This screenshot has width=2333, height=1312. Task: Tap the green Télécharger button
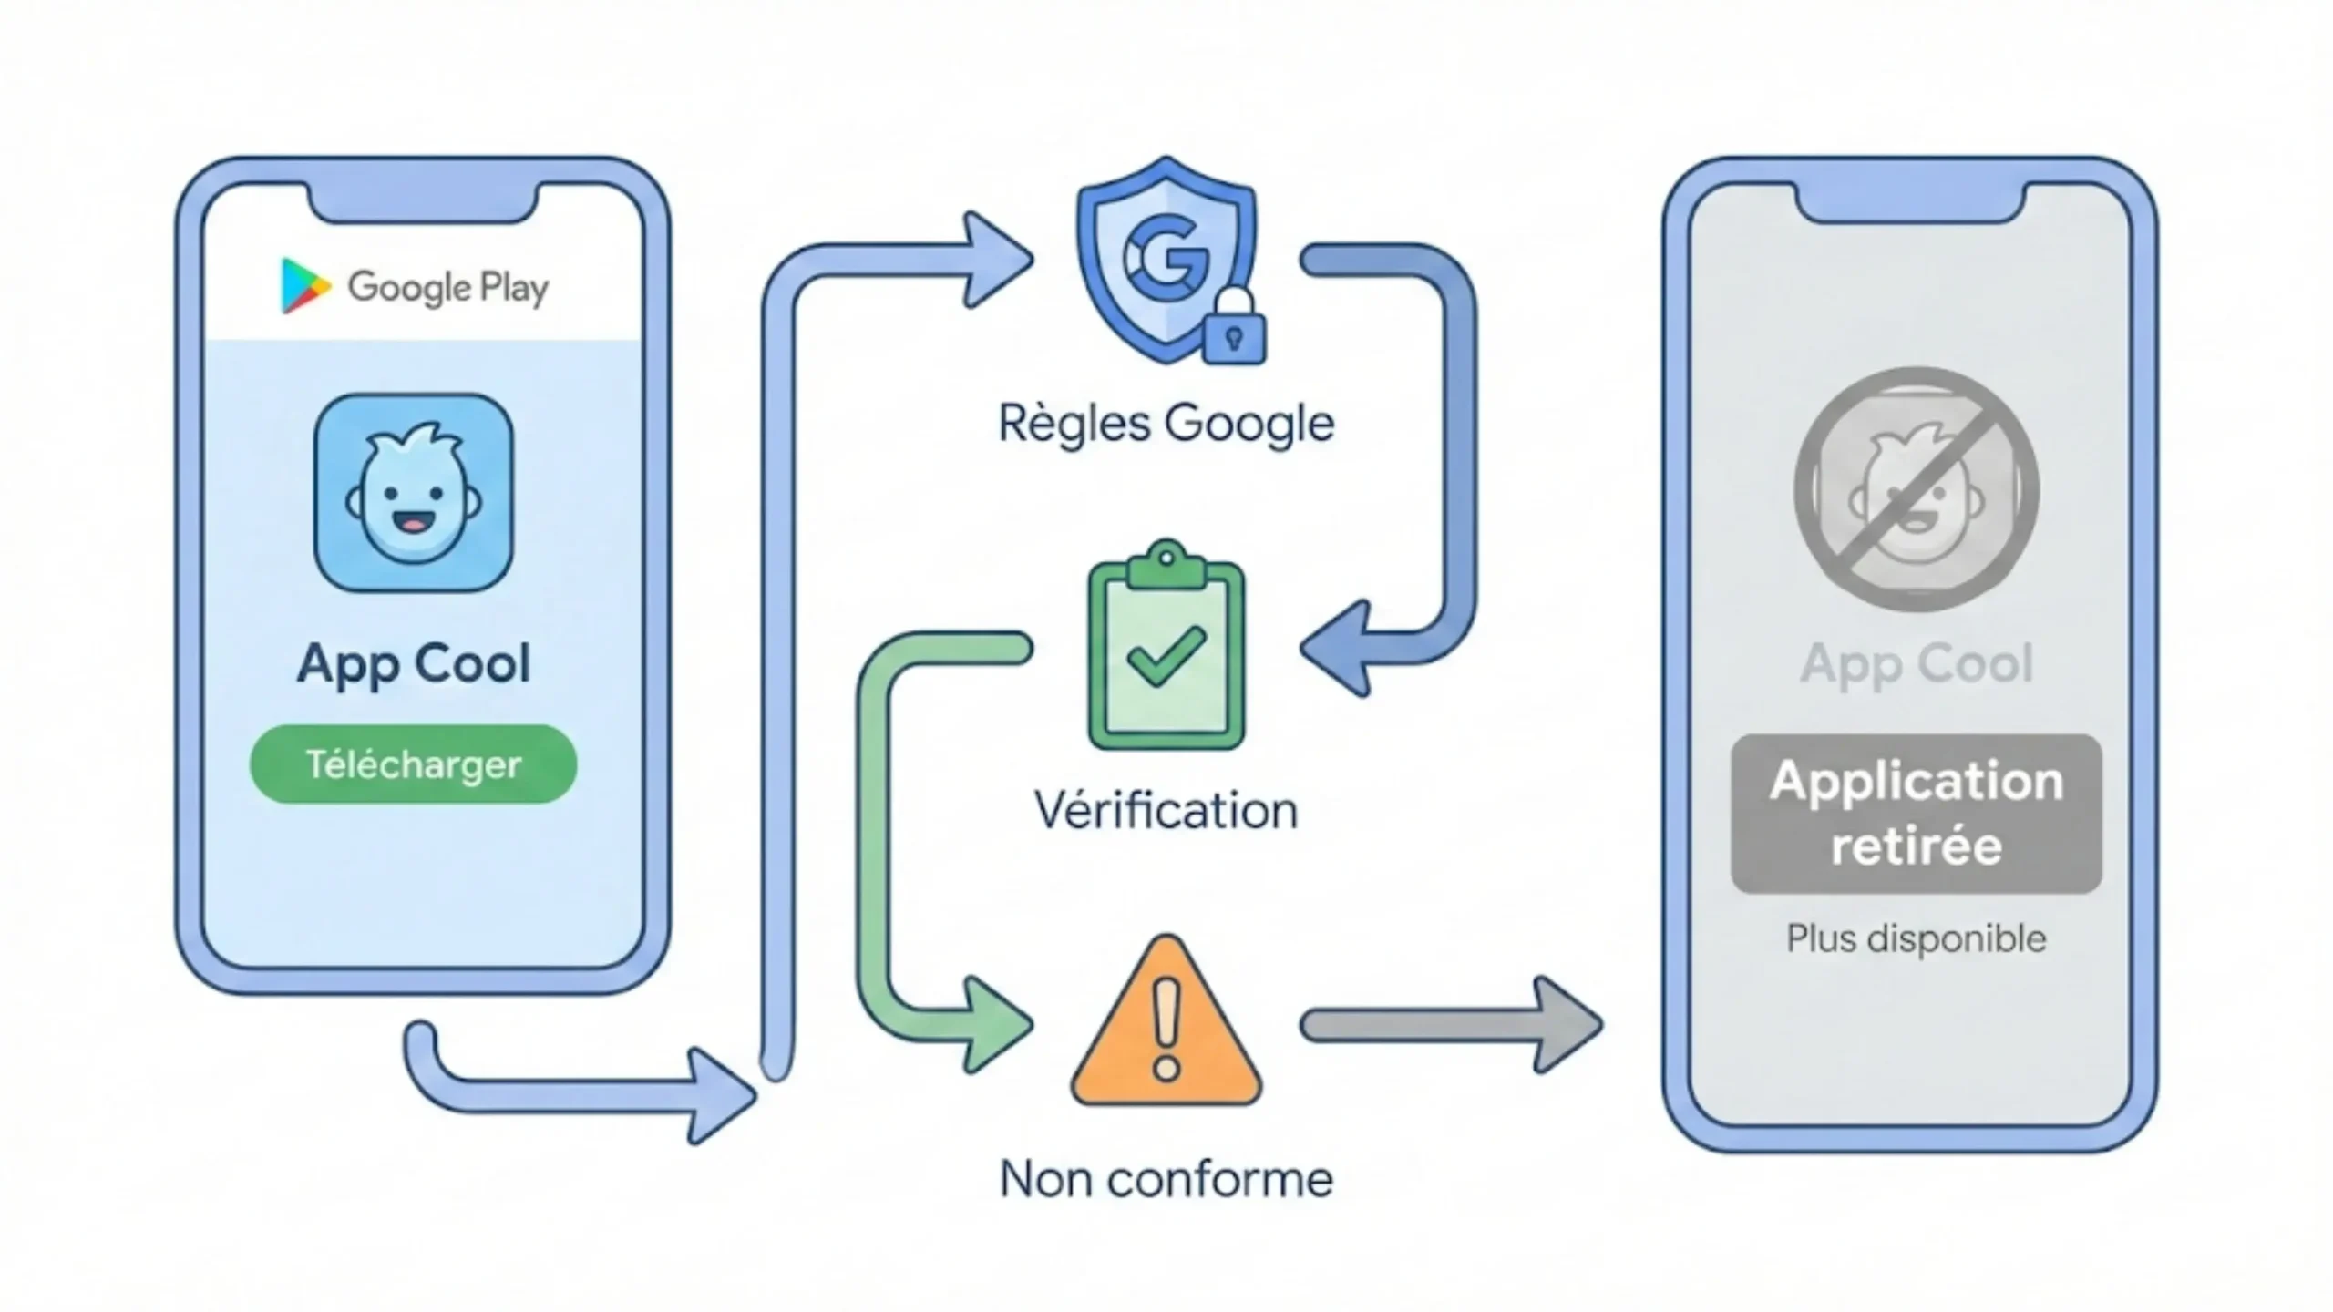point(413,764)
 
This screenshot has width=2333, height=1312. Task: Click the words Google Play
point(447,288)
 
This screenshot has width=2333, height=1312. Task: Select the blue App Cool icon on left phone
point(414,493)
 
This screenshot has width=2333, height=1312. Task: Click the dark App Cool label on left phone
point(413,663)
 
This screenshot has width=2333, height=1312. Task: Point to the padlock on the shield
point(1234,330)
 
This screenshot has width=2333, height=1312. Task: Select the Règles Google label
point(1166,424)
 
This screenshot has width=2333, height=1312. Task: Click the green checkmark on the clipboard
point(1166,655)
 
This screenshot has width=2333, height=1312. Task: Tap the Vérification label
point(1166,810)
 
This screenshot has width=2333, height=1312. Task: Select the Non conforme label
point(1166,1179)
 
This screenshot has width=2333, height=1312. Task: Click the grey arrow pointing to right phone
point(1449,1025)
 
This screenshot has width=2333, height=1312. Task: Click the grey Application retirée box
point(1916,814)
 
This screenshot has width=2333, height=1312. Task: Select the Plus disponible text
point(1916,938)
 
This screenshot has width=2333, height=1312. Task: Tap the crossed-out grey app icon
point(1916,490)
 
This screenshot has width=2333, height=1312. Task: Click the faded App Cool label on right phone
point(1916,663)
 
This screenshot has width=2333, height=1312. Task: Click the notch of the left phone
point(424,202)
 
